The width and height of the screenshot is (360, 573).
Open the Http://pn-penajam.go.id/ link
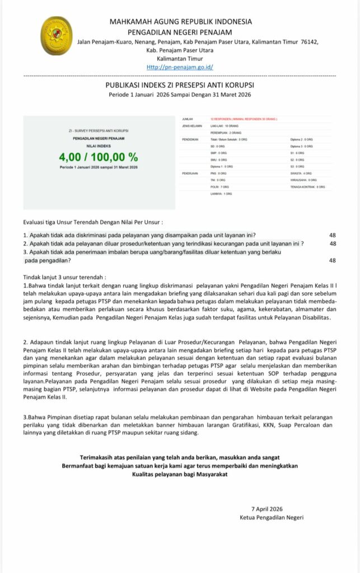[180, 67]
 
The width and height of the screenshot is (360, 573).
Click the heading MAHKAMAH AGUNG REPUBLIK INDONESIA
[180, 21]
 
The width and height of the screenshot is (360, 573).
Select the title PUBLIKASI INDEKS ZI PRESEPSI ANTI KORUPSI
[180, 84]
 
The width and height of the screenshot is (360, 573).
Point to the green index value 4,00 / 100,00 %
[99, 156]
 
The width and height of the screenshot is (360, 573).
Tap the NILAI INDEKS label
[99, 145]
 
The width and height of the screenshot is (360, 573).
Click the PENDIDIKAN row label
[191, 139]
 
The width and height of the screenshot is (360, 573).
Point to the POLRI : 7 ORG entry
[220, 186]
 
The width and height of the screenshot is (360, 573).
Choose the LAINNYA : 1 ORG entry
[221, 193]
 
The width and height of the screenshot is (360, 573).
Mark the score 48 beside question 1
[333, 235]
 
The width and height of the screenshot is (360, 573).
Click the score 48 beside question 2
[333, 243]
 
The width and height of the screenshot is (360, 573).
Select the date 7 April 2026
[267, 509]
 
